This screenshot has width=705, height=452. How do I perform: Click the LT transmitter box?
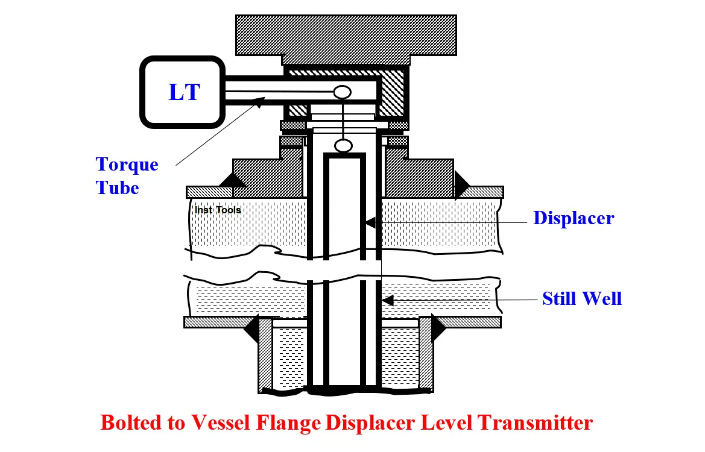183,92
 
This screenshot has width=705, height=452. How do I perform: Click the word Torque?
127,165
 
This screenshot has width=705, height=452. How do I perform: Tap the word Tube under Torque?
118,188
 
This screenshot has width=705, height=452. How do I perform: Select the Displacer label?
574,219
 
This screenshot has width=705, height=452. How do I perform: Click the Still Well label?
582,299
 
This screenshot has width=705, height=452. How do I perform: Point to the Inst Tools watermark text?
218,210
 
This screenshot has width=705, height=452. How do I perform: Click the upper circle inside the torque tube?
342,92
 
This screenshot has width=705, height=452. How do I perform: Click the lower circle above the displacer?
344,146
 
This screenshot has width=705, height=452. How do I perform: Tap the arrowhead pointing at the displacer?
370,222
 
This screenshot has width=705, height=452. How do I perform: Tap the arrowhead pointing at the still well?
388,300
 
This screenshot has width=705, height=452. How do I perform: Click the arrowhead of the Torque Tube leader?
259,102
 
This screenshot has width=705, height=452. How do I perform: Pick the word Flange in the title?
288,423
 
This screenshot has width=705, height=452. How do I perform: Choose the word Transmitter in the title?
535,423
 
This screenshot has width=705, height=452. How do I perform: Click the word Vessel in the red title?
220,423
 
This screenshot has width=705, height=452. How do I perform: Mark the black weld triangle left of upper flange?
232,180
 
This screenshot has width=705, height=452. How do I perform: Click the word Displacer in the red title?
370,423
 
